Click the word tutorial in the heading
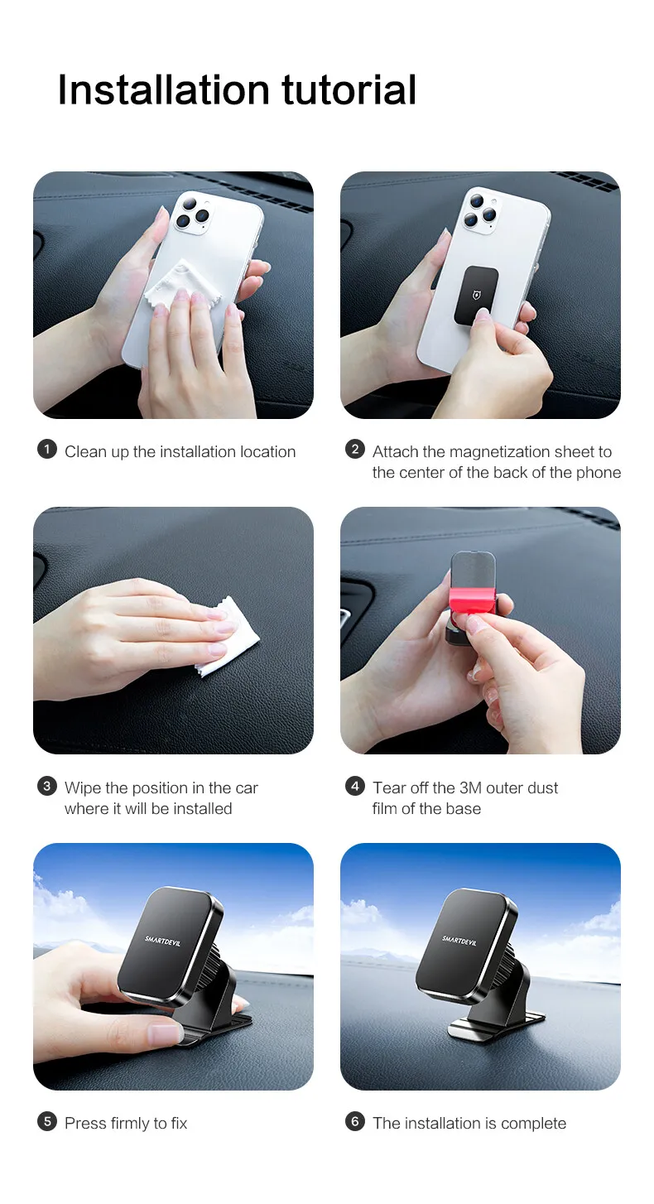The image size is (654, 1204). click(349, 89)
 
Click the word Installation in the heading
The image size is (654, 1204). click(163, 89)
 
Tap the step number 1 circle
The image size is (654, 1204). click(46, 449)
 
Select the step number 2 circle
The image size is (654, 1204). click(354, 449)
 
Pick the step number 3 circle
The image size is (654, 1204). click(46, 786)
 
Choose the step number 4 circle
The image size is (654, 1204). click(354, 786)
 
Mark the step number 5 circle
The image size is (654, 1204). click(46, 1121)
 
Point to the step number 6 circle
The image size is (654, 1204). click(354, 1121)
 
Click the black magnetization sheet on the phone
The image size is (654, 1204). click(476, 295)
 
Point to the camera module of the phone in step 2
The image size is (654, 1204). click(480, 210)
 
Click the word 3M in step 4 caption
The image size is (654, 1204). click(471, 788)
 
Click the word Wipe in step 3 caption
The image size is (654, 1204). click(83, 788)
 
